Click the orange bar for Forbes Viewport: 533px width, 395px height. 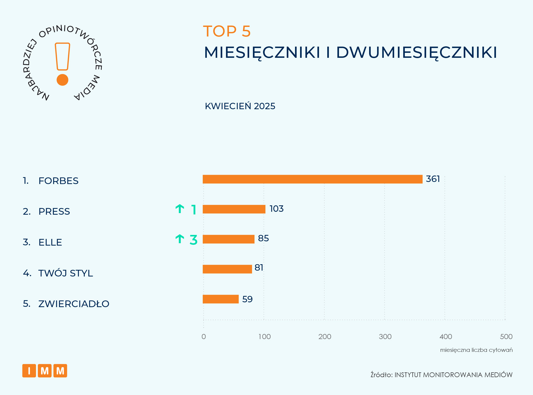312,179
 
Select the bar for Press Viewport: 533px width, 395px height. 234,209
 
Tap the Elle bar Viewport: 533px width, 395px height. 228,239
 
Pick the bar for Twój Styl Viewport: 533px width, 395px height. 227,269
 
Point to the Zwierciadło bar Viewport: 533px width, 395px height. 220,299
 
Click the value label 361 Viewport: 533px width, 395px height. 433,179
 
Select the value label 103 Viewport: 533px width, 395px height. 276,209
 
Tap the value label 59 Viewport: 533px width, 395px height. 247,299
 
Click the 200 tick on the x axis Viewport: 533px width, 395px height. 325,337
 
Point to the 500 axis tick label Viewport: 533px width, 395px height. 506,337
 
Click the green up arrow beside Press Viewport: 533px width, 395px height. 180,209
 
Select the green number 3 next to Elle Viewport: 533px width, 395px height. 193,240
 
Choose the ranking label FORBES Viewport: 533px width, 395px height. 58,181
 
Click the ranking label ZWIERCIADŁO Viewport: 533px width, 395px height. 74,304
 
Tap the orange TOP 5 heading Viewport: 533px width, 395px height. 227,31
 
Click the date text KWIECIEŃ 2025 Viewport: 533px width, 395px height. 240,106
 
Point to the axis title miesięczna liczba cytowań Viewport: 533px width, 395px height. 476,350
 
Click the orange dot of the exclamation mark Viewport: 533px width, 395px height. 62,80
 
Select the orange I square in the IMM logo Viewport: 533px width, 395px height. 29,371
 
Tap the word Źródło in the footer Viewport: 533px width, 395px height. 381,375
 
